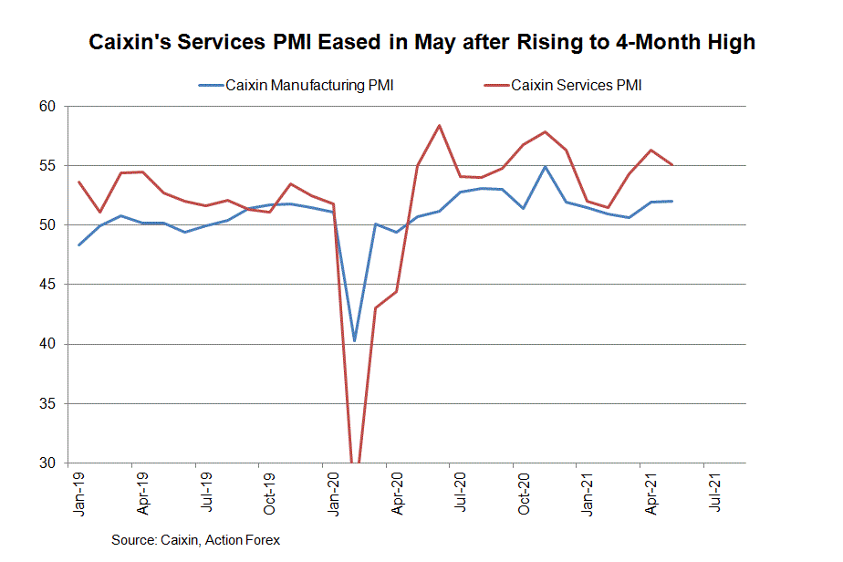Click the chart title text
pos(421,43)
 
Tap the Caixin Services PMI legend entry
pos(577,86)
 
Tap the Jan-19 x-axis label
pos(80,493)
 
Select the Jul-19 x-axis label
pos(207,493)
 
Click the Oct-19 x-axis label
pos(271,493)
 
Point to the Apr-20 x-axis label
pos(398,493)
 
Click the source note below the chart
pos(195,540)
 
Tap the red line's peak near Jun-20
pos(440,125)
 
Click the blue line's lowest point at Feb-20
pos(354,340)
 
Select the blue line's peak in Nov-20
pos(545,167)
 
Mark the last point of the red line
pos(672,164)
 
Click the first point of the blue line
pos(79,245)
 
